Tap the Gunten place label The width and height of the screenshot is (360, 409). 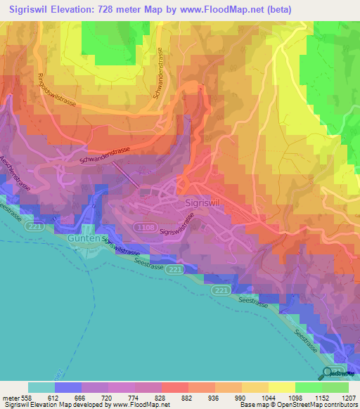tap(85, 239)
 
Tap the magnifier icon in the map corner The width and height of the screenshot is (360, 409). tap(328, 373)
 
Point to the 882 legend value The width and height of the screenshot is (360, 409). tap(188, 397)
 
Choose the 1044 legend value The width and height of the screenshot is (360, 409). tap(268, 397)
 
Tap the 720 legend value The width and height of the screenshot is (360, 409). tap(108, 397)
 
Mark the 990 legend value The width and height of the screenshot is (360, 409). tap(240, 397)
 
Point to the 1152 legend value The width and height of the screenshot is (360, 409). tap(321, 397)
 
